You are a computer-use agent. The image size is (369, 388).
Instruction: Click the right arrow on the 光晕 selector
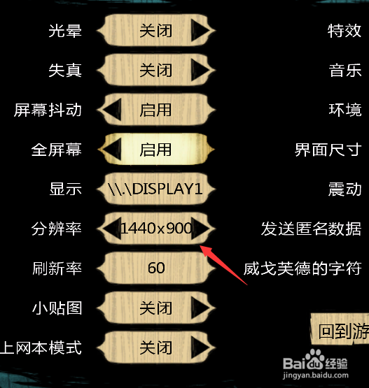[x=200, y=31]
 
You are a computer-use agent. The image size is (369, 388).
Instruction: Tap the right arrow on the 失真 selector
[x=200, y=71]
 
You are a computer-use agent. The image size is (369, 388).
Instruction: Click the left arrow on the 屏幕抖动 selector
[x=113, y=110]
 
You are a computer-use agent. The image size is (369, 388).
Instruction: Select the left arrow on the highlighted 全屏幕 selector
[x=113, y=149]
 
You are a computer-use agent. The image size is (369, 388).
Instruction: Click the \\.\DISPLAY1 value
[x=155, y=189]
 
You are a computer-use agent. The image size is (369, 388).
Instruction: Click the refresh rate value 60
[x=156, y=268]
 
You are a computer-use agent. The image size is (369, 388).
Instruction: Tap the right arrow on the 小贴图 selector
[x=200, y=308]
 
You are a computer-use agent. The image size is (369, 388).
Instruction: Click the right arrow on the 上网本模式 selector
[x=200, y=347]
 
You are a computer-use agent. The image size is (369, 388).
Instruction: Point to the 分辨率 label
[x=57, y=229]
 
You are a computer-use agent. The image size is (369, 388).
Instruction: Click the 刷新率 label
[x=57, y=268]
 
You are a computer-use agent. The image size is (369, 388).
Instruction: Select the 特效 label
[x=344, y=31]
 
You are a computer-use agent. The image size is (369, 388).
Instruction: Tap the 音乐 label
[x=345, y=71]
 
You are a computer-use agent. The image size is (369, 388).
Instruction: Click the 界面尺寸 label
[x=328, y=150]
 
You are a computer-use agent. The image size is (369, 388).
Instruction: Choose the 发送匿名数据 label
[x=312, y=229]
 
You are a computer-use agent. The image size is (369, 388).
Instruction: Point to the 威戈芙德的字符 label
[x=302, y=268]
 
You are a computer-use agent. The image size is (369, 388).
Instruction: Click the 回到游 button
[x=340, y=329]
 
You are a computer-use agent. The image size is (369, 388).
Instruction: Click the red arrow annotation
[x=223, y=265]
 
